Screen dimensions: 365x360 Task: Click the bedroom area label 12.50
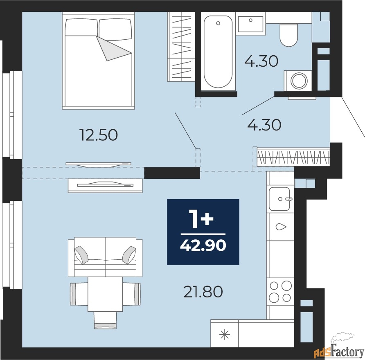click(x=99, y=135)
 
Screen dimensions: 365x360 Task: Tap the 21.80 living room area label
click(x=203, y=292)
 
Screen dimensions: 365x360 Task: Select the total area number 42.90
click(x=203, y=245)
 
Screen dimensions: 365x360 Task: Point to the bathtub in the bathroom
click(x=218, y=52)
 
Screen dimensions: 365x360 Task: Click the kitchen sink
click(x=279, y=199)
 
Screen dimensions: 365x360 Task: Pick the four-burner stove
click(x=280, y=292)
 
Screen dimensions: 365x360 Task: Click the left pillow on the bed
click(x=81, y=27)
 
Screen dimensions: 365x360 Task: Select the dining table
click(x=105, y=294)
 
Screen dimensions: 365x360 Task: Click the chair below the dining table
click(x=105, y=320)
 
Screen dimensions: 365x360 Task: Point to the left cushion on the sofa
click(x=81, y=255)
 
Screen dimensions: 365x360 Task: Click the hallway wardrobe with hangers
click(x=293, y=157)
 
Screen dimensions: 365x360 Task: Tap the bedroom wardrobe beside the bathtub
click(x=181, y=47)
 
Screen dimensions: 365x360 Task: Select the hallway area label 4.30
click(x=264, y=125)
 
